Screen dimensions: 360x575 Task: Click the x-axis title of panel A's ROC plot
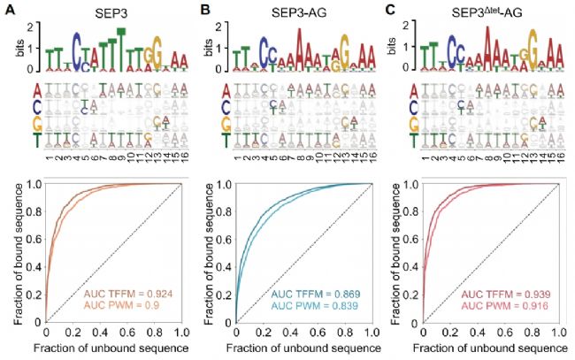pyautogui.click(x=113, y=350)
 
